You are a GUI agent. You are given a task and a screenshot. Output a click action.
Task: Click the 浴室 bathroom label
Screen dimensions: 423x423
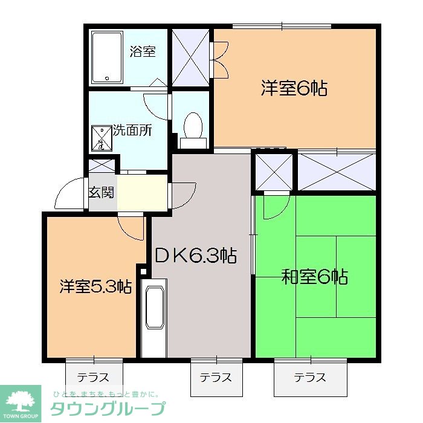pyautogui.click(x=143, y=51)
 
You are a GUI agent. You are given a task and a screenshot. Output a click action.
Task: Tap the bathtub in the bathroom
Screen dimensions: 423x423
pyautogui.click(x=108, y=57)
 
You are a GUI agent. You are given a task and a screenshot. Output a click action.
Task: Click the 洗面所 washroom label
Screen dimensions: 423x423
pyautogui.click(x=132, y=130)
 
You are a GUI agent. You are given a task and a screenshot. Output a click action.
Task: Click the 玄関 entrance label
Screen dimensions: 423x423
pyautogui.click(x=101, y=193)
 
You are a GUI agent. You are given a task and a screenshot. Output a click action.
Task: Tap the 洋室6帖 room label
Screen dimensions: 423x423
pyautogui.click(x=294, y=89)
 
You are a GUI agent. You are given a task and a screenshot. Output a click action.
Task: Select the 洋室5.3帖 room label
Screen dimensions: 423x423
pyautogui.click(x=95, y=286)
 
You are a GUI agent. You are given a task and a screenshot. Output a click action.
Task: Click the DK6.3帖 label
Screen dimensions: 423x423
pyautogui.click(x=195, y=255)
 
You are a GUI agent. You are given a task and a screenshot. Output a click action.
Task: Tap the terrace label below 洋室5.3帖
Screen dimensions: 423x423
pyautogui.click(x=93, y=378)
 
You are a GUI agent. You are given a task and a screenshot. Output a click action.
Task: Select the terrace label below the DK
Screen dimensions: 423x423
pyautogui.click(x=216, y=378)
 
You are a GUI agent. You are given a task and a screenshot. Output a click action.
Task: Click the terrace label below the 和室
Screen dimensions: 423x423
pyautogui.click(x=310, y=378)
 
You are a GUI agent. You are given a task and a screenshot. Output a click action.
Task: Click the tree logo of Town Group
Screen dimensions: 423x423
pyautogui.click(x=20, y=402)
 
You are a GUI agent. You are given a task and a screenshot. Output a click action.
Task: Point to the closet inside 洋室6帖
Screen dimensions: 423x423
pyautogui.click(x=190, y=58)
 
